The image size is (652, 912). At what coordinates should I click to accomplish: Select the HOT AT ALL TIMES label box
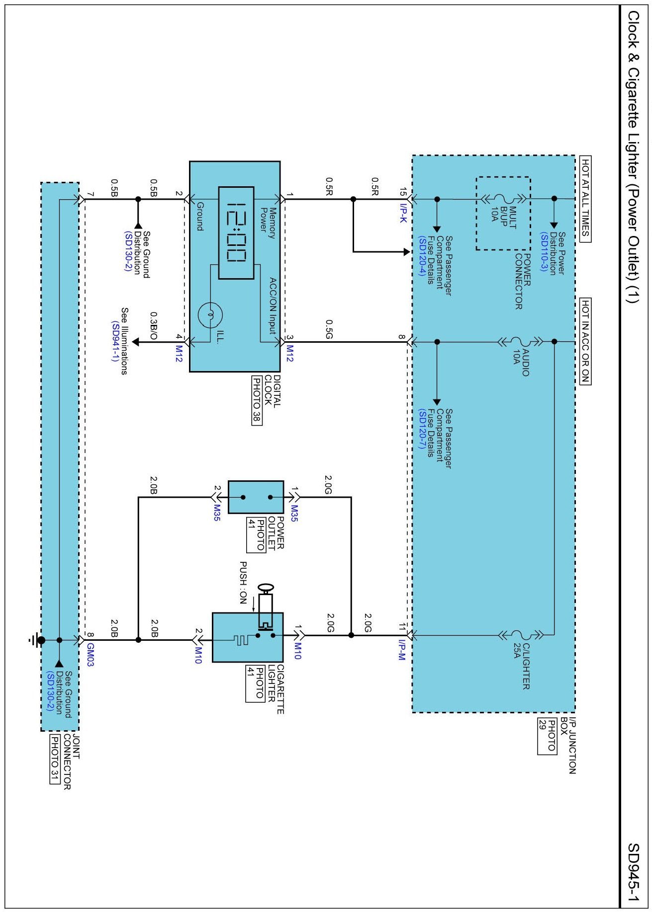pyautogui.click(x=585, y=199)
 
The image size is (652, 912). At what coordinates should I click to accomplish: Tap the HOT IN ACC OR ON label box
pyautogui.click(x=585, y=341)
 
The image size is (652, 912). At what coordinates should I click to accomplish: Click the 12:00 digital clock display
pyautogui.click(x=236, y=232)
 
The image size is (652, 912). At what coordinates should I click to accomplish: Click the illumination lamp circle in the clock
pyautogui.click(x=210, y=314)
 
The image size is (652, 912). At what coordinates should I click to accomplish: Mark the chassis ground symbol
pyautogui.click(x=36, y=640)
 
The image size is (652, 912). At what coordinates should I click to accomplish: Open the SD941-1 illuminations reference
pyautogui.click(x=115, y=341)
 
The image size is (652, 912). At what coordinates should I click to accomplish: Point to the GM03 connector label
pyautogui.click(x=90, y=655)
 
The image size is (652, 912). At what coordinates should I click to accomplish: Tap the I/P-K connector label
pyautogui.click(x=403, y=212)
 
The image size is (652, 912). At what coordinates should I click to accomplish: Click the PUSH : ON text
pyautogui.click(x=243, y=583)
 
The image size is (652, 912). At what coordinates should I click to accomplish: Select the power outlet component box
pyautogui.click(x=256, y=497)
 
